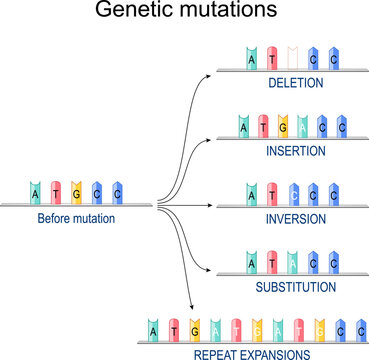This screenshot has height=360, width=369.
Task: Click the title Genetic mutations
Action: [x=184, y=13]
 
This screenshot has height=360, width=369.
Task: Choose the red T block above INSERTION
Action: [x=263, y=126]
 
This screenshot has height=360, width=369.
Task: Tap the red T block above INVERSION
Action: [x=273, y=193]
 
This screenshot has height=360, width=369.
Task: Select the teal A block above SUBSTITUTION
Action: [x=251, y=262]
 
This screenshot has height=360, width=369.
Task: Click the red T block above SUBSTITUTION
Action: [x=272, y=262]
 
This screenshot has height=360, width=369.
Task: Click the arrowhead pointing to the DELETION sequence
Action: [x=213, y=73]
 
